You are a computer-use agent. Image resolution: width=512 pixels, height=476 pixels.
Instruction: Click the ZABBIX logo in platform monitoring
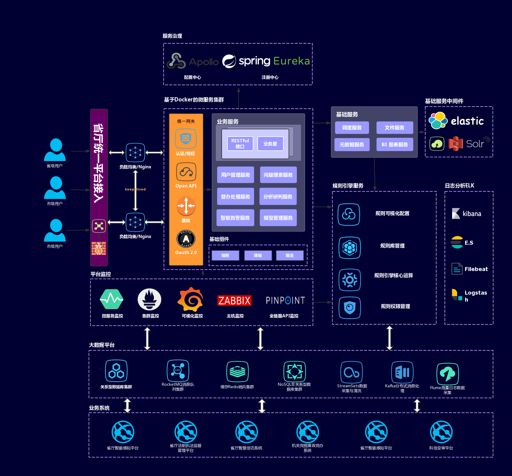click(x=234, y=301)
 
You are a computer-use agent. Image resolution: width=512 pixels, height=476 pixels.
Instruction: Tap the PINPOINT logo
click(x=285, y=300)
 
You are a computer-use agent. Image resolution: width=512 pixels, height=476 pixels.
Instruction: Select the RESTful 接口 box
click(x=240, y=144)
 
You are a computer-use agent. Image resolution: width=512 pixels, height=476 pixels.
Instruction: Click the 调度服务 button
click(x=352, y=128)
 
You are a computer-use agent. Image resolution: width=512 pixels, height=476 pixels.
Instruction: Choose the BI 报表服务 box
click(x=395, y=145)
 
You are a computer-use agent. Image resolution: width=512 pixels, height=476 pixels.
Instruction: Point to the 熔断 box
click(x=225, y=256)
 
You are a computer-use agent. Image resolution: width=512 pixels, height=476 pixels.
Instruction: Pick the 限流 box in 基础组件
click(x=289, y=256)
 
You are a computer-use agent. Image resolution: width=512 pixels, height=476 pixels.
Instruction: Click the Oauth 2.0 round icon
click(x=186, y=239)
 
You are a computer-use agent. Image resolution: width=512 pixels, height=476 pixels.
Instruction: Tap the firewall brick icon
click(x=99, y=248)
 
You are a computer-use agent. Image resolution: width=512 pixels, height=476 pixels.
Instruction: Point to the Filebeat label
click(x=476, y=269)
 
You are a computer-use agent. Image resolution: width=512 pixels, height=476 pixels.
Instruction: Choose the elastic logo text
click(x=467, y=121)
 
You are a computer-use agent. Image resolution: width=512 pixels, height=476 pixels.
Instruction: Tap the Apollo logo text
click(x=204, y=62)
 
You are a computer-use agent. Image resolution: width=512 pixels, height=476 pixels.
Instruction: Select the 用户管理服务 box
click(x=236, y=175)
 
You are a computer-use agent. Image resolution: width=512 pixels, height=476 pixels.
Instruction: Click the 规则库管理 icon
click(x=350, y=248)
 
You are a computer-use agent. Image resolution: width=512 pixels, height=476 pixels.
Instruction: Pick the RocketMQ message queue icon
click(x=178, y=371)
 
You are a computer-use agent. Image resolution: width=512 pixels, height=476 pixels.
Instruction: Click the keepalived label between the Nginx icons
click(x=135, y=189)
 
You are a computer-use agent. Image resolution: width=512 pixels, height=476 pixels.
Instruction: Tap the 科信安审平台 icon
click(x=441, y=432)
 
